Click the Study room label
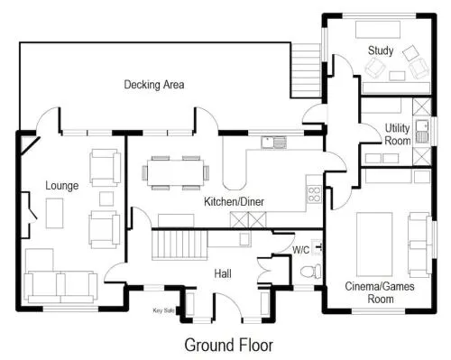381,51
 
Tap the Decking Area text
154,85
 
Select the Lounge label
62,186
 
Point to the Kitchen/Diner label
234,201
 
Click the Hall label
223,273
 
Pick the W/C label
300,250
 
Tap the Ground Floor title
229,345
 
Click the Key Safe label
163,310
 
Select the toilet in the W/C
310,271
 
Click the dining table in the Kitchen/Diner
176,172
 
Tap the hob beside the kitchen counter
314,194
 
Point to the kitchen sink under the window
273,143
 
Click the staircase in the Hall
179,244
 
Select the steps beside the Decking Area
306,70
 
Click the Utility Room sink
422,132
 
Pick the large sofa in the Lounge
60,287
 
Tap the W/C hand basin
317,247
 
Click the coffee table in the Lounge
54,213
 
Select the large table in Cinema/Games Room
374,245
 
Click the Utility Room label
398,134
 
